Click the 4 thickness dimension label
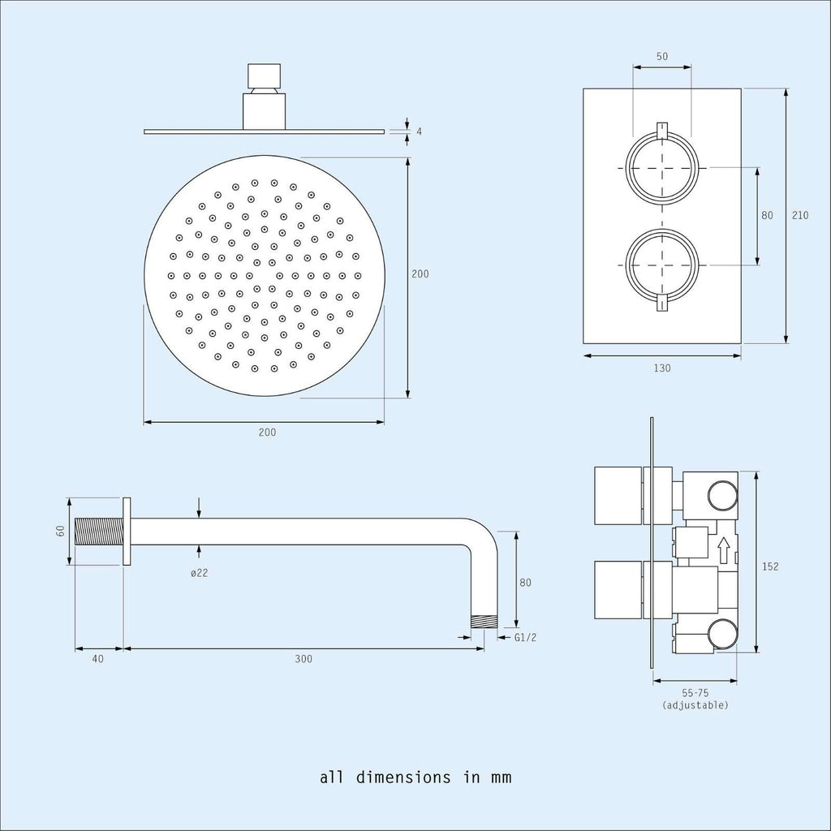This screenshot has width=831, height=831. (x=420, y=131)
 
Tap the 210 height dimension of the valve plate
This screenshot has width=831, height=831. (x=799, y=215)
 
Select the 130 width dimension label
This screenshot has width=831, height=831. (x=662, y=368)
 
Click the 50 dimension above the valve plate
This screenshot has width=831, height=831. (x=662, y=56)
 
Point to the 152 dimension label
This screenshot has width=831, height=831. (x=770, y=566)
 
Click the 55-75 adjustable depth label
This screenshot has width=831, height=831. (x=695, y=693)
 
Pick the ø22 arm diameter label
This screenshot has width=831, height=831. (x=200, y=573)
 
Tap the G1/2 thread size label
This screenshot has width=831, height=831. (x=525, y=638)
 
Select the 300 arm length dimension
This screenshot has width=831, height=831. (x=304, y=659)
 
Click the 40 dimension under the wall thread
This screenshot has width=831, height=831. (x=98, y=659)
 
